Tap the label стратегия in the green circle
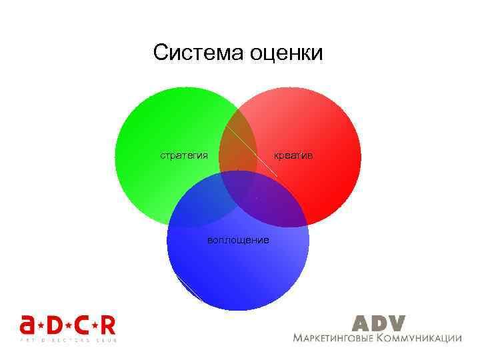coord(183,155)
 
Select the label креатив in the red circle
coord(293,155)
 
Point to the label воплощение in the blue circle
coord(238,239)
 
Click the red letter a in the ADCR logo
coord(28,326)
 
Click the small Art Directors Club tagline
coord(67,340)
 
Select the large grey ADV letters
coord(378,323)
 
